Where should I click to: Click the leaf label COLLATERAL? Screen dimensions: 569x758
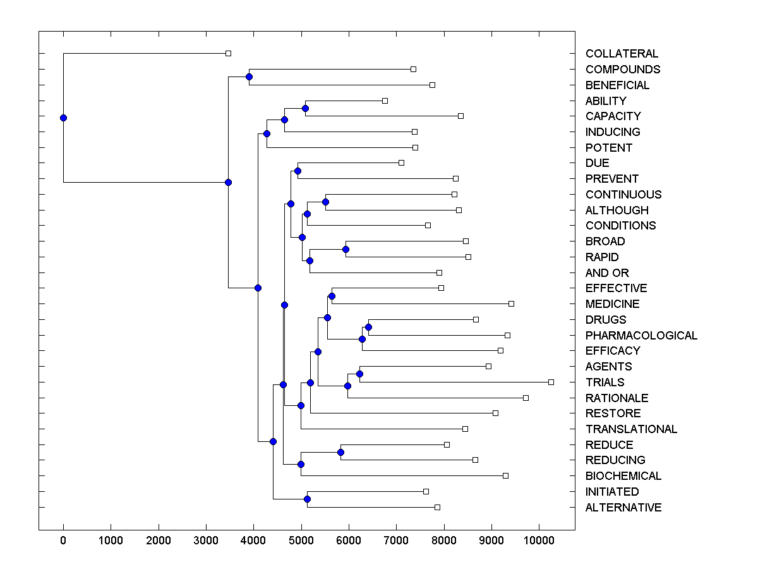(x=622, y=54)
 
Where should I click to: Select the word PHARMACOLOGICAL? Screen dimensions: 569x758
(x=641, y=335)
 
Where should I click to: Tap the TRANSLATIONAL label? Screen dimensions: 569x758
(x=631, y=429)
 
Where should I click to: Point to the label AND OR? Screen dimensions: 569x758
(x=607, y=273)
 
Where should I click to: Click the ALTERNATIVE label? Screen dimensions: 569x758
(x=623, y=508)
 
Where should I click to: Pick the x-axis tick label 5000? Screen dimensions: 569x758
(x=301, y=541)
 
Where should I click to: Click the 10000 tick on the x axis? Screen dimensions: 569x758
(x=538, y=541)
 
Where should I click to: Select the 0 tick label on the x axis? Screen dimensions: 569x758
(x=63, y=541)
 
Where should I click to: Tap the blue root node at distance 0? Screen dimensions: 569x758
(x=63, y=118)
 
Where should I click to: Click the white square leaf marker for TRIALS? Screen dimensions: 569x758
(x=551, y=382)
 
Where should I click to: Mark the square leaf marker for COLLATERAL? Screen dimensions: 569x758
(x=229, y=54)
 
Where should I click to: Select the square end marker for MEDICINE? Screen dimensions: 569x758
(x=511, y=304)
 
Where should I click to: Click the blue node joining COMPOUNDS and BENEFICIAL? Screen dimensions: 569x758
(x=249, y=77)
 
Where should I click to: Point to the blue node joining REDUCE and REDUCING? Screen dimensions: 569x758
(x=340, y=452)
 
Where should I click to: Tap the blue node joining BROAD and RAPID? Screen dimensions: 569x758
(x=346, y=249)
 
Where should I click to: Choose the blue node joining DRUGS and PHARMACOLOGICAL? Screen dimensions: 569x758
(x=368, y=327)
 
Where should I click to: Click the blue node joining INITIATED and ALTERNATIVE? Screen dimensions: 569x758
(x=307, y=499)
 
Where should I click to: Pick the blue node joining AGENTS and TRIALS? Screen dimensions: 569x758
(x=359, y=374)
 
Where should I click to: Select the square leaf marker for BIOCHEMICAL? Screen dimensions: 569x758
(x=505, y=475)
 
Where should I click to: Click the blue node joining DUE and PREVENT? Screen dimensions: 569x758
(x=298, y=171)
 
